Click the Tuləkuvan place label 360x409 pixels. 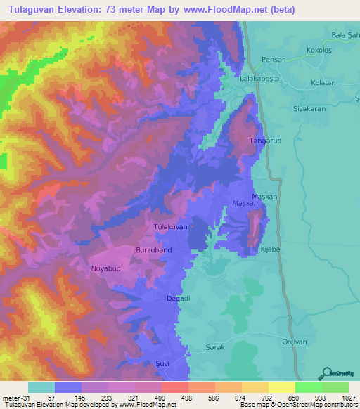pyautogui.click(x=170, y=228)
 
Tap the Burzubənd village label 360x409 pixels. pyautogui.click(x=153, y=249)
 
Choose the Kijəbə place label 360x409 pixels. pyautogui.click(x=270, y=251)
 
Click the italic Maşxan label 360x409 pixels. pyautogui.click(x=245, y=204)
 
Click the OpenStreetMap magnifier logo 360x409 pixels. pyautogui.click(x=326, y=373)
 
